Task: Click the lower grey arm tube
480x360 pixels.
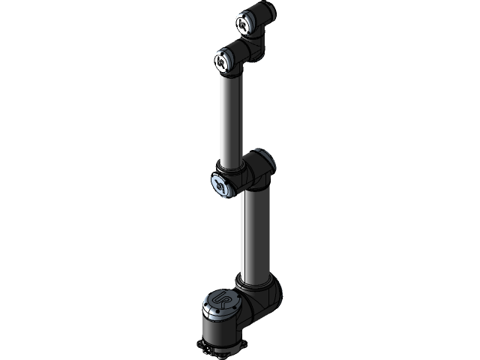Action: click(253, 232)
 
